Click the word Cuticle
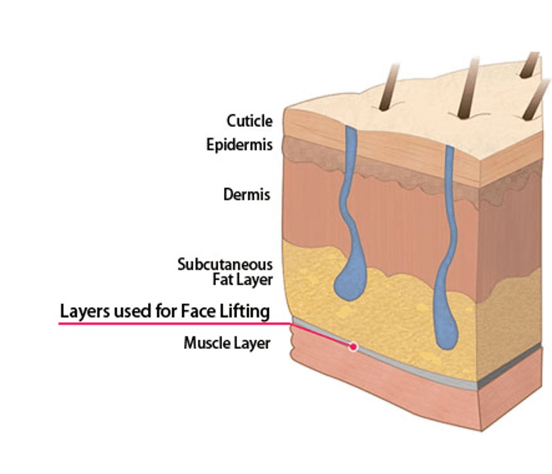click(x=249, y=121)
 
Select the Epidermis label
click(x=239, y=145)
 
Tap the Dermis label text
click(x=248, y=194)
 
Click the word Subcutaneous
click(x=225, y=264)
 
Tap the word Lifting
click(x=246, y=311)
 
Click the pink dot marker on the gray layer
click(x=353, y=347)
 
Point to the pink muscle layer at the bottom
click(x=419, y=399)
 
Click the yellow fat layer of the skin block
click(x=393, y=314)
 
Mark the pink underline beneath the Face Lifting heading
click(x=164, y=323)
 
